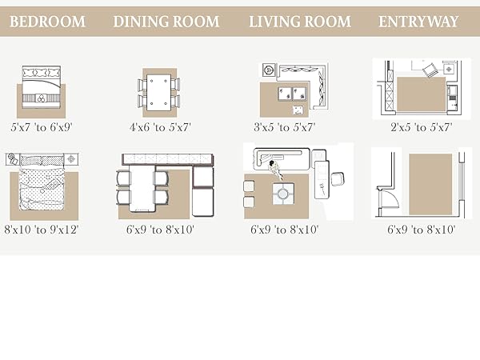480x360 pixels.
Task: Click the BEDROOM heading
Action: coord(47,22)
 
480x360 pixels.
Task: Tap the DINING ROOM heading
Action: coord(166,22)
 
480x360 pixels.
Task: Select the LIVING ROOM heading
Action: coord(300,22)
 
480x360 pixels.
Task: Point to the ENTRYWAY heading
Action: coord(418,22)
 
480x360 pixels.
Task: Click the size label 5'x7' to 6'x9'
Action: coord(41,127)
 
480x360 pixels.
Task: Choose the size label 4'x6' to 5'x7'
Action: coord(160,127)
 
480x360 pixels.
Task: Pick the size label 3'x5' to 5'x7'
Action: coord(284,127)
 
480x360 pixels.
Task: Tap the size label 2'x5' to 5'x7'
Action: coord(422,127)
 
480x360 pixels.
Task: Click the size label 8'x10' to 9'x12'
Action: coord(42,230)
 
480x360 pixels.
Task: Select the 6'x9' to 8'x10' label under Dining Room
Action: coord(160,230)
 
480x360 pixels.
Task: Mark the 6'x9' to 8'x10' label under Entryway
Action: coord(422,230)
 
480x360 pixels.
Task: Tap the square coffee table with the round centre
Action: coord(283,194)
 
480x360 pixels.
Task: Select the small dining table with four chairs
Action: coord(159,93)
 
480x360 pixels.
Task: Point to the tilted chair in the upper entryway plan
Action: coord(430,70)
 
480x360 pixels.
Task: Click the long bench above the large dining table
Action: coord(168,159)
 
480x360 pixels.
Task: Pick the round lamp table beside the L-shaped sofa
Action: coord(269,70)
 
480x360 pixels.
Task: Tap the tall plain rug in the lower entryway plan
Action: coord(430,184)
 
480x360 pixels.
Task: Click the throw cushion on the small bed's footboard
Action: coord(41,98)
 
